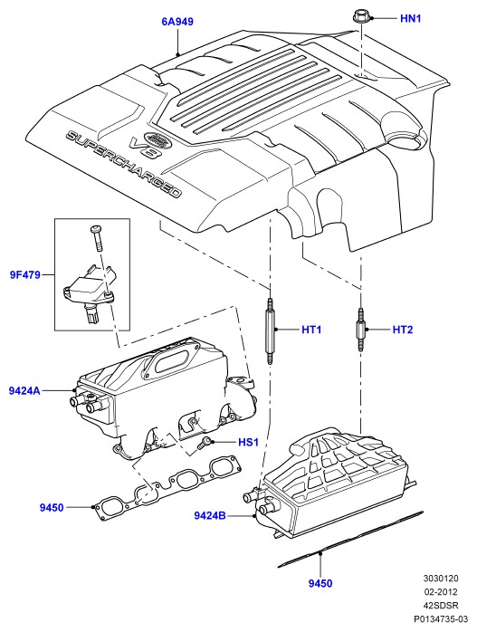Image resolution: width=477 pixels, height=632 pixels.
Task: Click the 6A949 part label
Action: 177,22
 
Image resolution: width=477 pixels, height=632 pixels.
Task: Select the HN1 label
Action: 411,18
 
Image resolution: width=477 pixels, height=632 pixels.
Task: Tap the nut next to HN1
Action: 360,18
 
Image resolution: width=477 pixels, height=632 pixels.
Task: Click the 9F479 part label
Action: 25,275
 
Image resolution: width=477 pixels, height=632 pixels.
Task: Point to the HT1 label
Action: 312,330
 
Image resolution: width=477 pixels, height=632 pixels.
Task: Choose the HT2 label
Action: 403,330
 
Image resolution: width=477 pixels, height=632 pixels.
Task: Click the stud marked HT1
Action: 270,330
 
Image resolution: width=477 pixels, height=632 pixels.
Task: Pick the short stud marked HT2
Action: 361,330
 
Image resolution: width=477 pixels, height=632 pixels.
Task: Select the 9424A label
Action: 24,390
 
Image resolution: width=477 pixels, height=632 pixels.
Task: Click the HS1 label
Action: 248,442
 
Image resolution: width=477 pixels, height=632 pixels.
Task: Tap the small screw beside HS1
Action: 204,444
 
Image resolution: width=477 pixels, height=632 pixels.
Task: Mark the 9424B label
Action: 210,515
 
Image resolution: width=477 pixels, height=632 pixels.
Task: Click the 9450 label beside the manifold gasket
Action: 52,507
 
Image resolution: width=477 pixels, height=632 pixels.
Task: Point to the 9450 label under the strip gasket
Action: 320,583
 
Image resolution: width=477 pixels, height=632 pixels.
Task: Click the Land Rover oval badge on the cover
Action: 157,139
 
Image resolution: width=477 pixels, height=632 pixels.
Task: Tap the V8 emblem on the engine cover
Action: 144,148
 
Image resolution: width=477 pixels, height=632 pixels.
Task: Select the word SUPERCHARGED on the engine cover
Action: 123,164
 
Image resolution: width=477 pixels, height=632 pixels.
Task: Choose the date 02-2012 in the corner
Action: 442,591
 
